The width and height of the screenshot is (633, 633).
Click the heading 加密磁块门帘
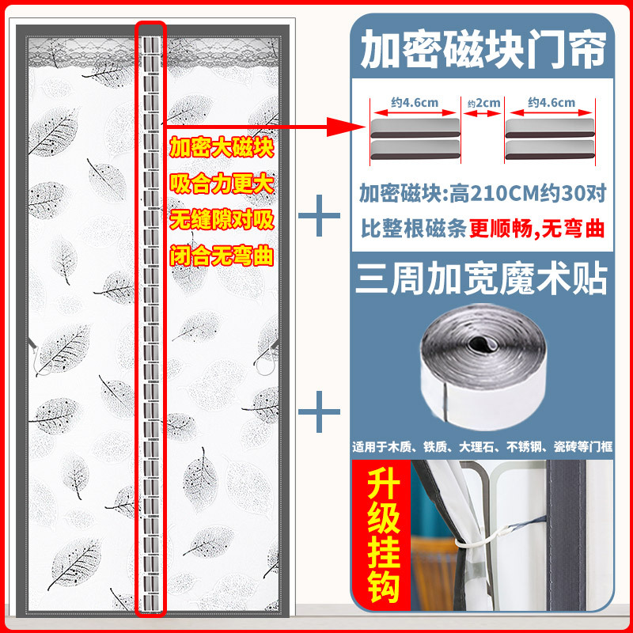[x=483, y=49]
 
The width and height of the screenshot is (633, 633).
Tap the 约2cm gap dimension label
[x=483, y=104]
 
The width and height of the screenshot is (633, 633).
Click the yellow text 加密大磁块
[x=222, y=147]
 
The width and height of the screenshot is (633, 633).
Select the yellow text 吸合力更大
[x=222, y=184]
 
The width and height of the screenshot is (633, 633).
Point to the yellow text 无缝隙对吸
[x=222, y=220]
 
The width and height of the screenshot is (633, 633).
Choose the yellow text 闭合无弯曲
[x=222, y=256]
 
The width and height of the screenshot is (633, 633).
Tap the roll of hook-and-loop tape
[x=483, y=366]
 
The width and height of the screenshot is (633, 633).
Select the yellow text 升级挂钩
[x=383, y=536]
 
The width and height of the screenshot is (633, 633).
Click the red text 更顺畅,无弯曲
[x=536, y=229]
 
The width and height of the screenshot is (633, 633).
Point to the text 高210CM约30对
[x=528, y=194]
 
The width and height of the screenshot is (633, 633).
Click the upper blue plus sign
[x=319, y=215]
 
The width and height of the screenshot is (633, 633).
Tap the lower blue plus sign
[x=319, y=411]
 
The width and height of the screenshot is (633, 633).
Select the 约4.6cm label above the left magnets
[x=415, y=103]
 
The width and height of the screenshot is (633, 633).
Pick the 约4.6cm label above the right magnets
[x=552, y=103]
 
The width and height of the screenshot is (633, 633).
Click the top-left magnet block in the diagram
[x=415, y=128]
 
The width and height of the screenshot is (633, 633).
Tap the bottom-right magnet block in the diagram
[x=550, y=150]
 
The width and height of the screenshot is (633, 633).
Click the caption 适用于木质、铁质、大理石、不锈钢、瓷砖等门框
[x=483, y=446]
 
